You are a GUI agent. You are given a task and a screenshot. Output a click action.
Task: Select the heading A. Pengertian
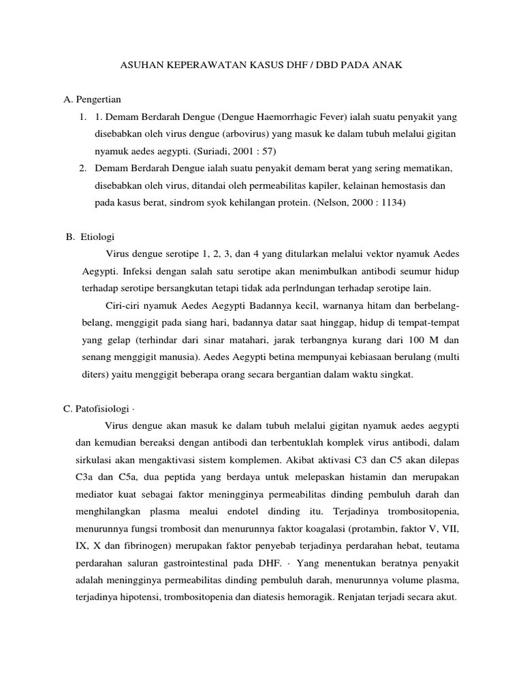pyautogui.click(x=92, y=100)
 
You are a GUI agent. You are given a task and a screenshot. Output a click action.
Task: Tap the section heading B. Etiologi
pyautogui.click(x=90, y=237)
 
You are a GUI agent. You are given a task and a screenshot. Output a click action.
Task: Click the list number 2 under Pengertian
pyautogui.click(x=82, y=168)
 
